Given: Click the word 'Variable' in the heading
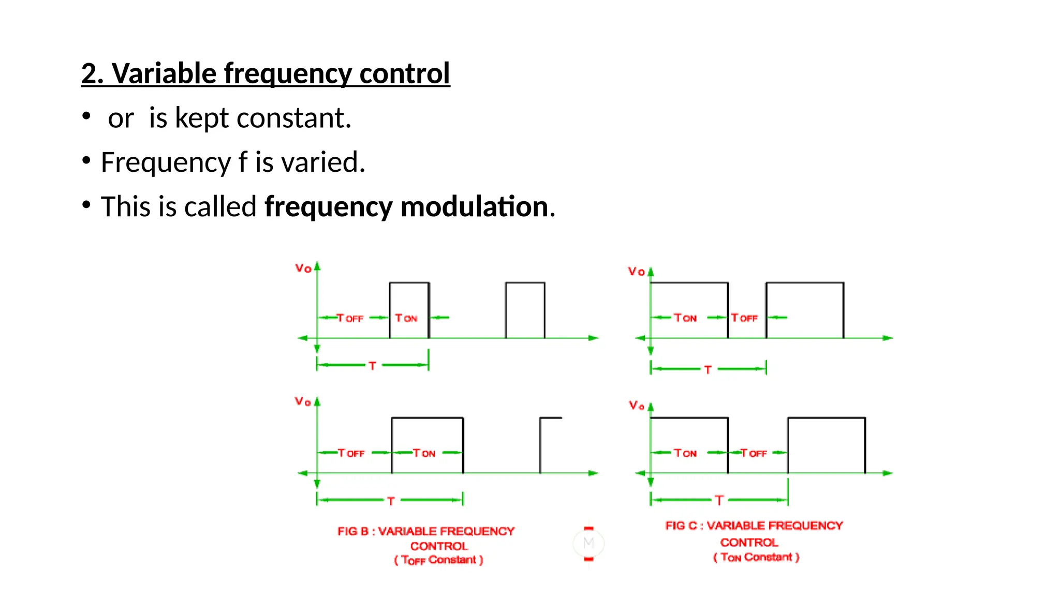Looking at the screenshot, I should coord(164,73).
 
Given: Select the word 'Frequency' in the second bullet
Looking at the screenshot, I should coord(166,162).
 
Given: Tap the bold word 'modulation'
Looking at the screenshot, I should coord(474,207).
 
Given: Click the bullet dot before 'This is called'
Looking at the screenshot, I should coord(86,205).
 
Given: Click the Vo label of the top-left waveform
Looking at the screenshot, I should coord(303,268).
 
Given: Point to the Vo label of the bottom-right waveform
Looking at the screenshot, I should coord(636,406).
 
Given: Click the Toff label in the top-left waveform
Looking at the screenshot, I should coord(350,318).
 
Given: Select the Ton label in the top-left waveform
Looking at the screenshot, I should coord(406,318).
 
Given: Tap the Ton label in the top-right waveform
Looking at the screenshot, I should coord(685,318).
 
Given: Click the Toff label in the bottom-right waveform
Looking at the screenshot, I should coord(753,453).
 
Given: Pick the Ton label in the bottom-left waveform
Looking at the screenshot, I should coord(424,453).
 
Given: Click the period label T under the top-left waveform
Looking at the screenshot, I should coord(372,366).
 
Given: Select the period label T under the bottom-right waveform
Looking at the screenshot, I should coord(719,500).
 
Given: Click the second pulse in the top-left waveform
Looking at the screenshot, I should coord(525,310).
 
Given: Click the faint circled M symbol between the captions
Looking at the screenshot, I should coord(588,543).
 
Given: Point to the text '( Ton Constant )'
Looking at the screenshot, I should coord(756,557).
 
